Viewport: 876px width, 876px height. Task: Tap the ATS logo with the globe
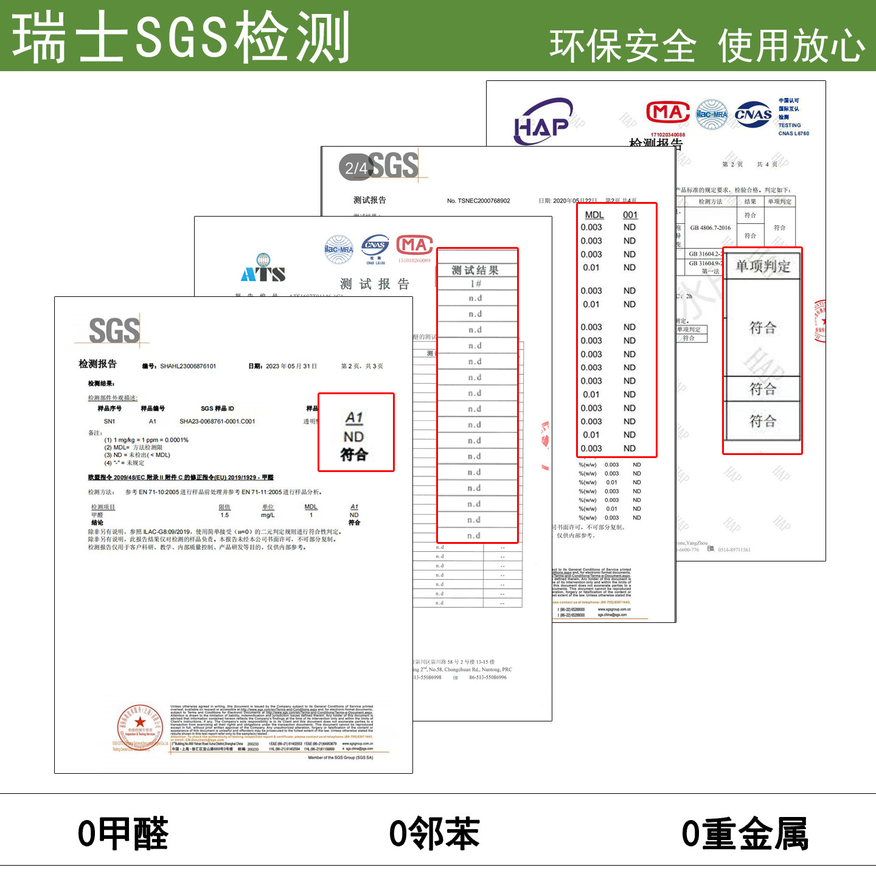pyautogui.click(x=263, y=269)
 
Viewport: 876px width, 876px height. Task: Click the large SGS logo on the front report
pyautogui.click(x=114, y=331)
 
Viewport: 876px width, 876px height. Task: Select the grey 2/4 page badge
pyautogui.click(x=355, y=168)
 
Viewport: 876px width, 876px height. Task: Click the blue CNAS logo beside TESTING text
pyautogui.click(x=753, y=114)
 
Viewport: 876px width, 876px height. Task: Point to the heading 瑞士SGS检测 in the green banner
pyautogui.click(x=181, y=38)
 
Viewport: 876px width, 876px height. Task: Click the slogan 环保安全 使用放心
pyautogui.click(x=707, y=46)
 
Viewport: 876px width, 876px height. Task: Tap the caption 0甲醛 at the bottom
pyautogui.click(x=123, y=833)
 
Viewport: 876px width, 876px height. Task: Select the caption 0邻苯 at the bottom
pyautogui.click(x=434, y=833)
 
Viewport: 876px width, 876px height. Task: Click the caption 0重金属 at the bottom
pyautogui.click(x=745, y=833)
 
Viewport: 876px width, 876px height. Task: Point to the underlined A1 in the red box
pyautogui.click(x=354, y=418)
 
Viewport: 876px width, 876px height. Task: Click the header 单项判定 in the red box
pyautogui.click(x=762, y=266)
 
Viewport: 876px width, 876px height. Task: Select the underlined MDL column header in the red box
pyautogui.click(x=594, y=215)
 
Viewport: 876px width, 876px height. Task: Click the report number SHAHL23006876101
pyautogui.click(x=187, y=366)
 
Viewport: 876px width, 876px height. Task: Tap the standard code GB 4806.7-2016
pyautogui.click(x=710, y=228)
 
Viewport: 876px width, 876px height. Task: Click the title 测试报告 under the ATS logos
pyautogui.click(x=375, y=284)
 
